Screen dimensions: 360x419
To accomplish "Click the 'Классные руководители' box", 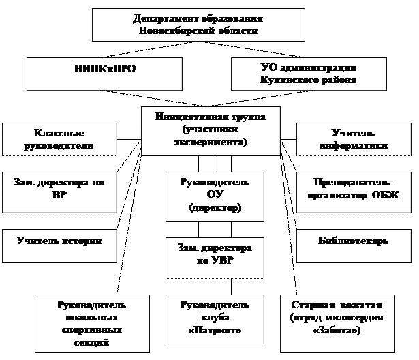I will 59,138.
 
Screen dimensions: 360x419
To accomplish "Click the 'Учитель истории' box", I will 59,242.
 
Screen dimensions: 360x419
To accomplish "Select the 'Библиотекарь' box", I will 352,242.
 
